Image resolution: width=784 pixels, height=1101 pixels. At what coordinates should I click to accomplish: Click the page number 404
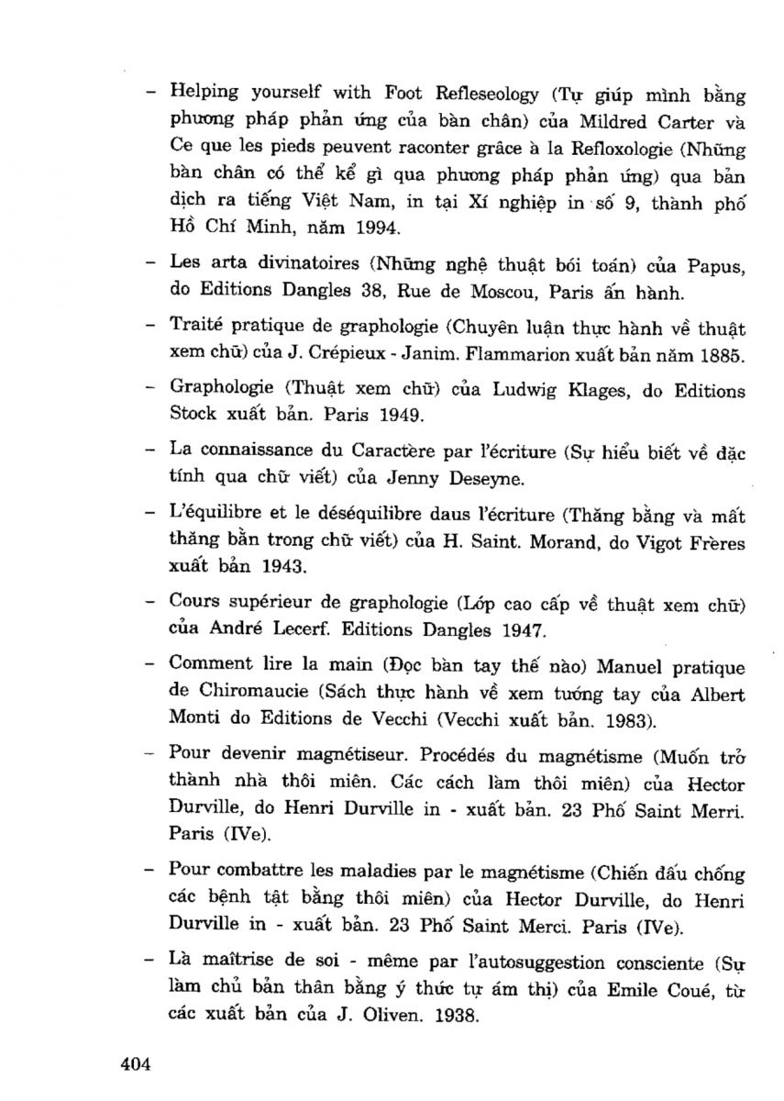coord(135,1064)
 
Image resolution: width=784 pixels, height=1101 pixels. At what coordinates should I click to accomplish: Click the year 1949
coord(395,416)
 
